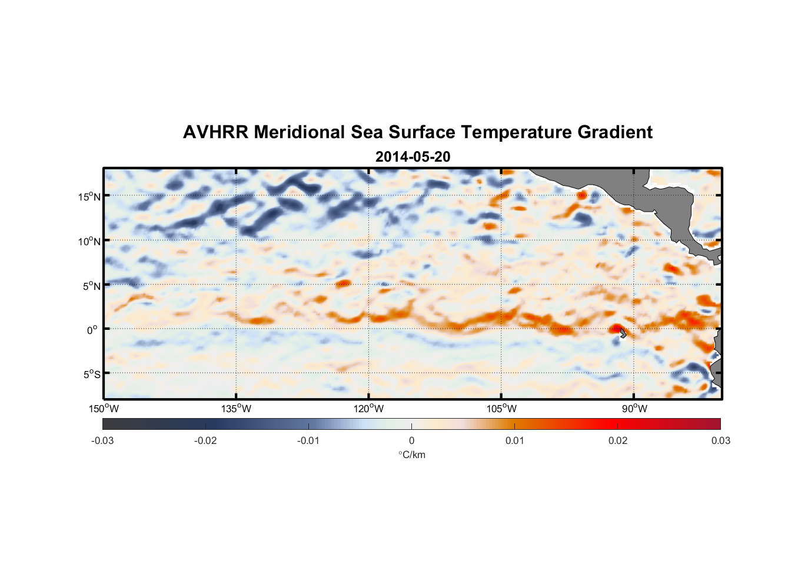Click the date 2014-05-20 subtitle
pyautogui.click(x=413, y=157)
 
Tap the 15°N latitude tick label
pyautogui.click(x=89, y=196)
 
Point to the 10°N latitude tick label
pyautogui.click(x=89, y=241)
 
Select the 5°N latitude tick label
pyautogui.click(x=91, y=286)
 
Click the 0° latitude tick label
pyautogui.click(x=92, y=330)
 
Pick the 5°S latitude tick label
pyautogui.click(x=91, y=375)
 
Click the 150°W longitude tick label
pyautogui.click(x=104, y=409)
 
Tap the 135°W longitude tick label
pyautogui.click(x=236, y=409)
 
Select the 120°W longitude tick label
pyautogui.click(x=368, y=409)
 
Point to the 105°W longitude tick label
pyautogui.click(x=501, y=409)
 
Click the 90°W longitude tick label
pyautogui.click(x=634, y=409)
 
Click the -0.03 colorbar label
pyautogui.click(x=102, y=440)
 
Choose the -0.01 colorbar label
pyautogui.click(x=308, y=440)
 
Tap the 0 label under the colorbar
pyautogui.click(x=411, y=440)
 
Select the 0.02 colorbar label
pyautogui.click(x=618, y=440)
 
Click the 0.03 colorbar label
pyautogui.click(x=720, y=440)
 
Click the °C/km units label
pyautogui.click(x=411, y=455)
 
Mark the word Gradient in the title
pyautogui.click(x=615, y=132)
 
